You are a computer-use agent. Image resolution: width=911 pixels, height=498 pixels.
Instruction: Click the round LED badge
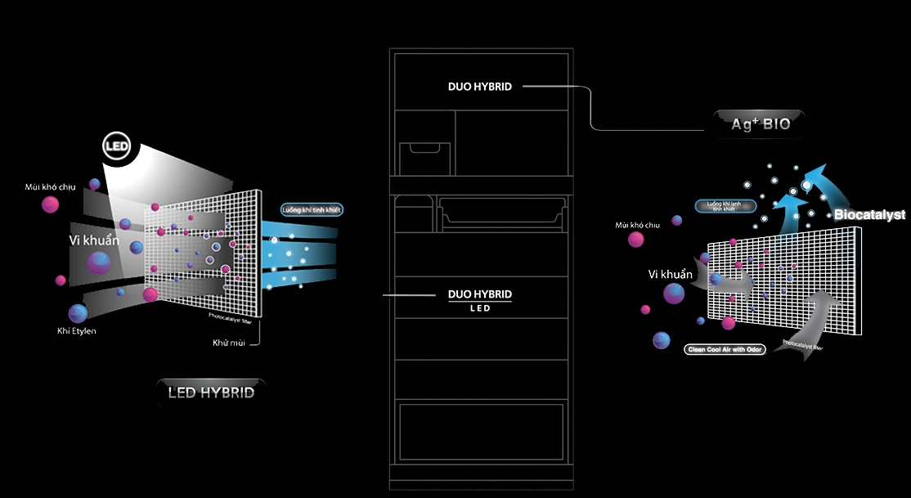pos(116,146)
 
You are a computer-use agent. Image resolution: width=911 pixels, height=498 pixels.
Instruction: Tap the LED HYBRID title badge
pos(211,393)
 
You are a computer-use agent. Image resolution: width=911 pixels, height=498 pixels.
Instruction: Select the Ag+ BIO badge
pos(761,123)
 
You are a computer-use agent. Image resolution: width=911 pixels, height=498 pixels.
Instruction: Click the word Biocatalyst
pos(869,215)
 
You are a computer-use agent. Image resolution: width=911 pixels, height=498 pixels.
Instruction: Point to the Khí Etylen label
pos(76,330)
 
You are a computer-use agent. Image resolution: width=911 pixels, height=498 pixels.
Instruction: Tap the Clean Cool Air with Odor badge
pos(723,349)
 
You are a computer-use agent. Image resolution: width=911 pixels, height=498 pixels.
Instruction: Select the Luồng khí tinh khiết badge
pos(311,209)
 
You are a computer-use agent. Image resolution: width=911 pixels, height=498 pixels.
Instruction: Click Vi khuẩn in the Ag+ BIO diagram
pos(670,275)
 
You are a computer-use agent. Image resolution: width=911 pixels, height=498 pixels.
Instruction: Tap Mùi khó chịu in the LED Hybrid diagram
pos(50,187)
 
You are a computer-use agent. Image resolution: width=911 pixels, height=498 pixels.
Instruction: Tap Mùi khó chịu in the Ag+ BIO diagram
pos(637,224)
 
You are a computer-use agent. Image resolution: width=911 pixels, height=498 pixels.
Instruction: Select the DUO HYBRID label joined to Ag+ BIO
pos(480,86)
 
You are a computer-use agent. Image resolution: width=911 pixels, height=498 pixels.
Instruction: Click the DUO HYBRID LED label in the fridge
pos(480,299)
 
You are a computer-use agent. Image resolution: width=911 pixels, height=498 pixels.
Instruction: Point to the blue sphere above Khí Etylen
pos(78,312)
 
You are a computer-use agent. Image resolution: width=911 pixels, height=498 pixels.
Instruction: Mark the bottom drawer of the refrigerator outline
pos(480,433)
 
